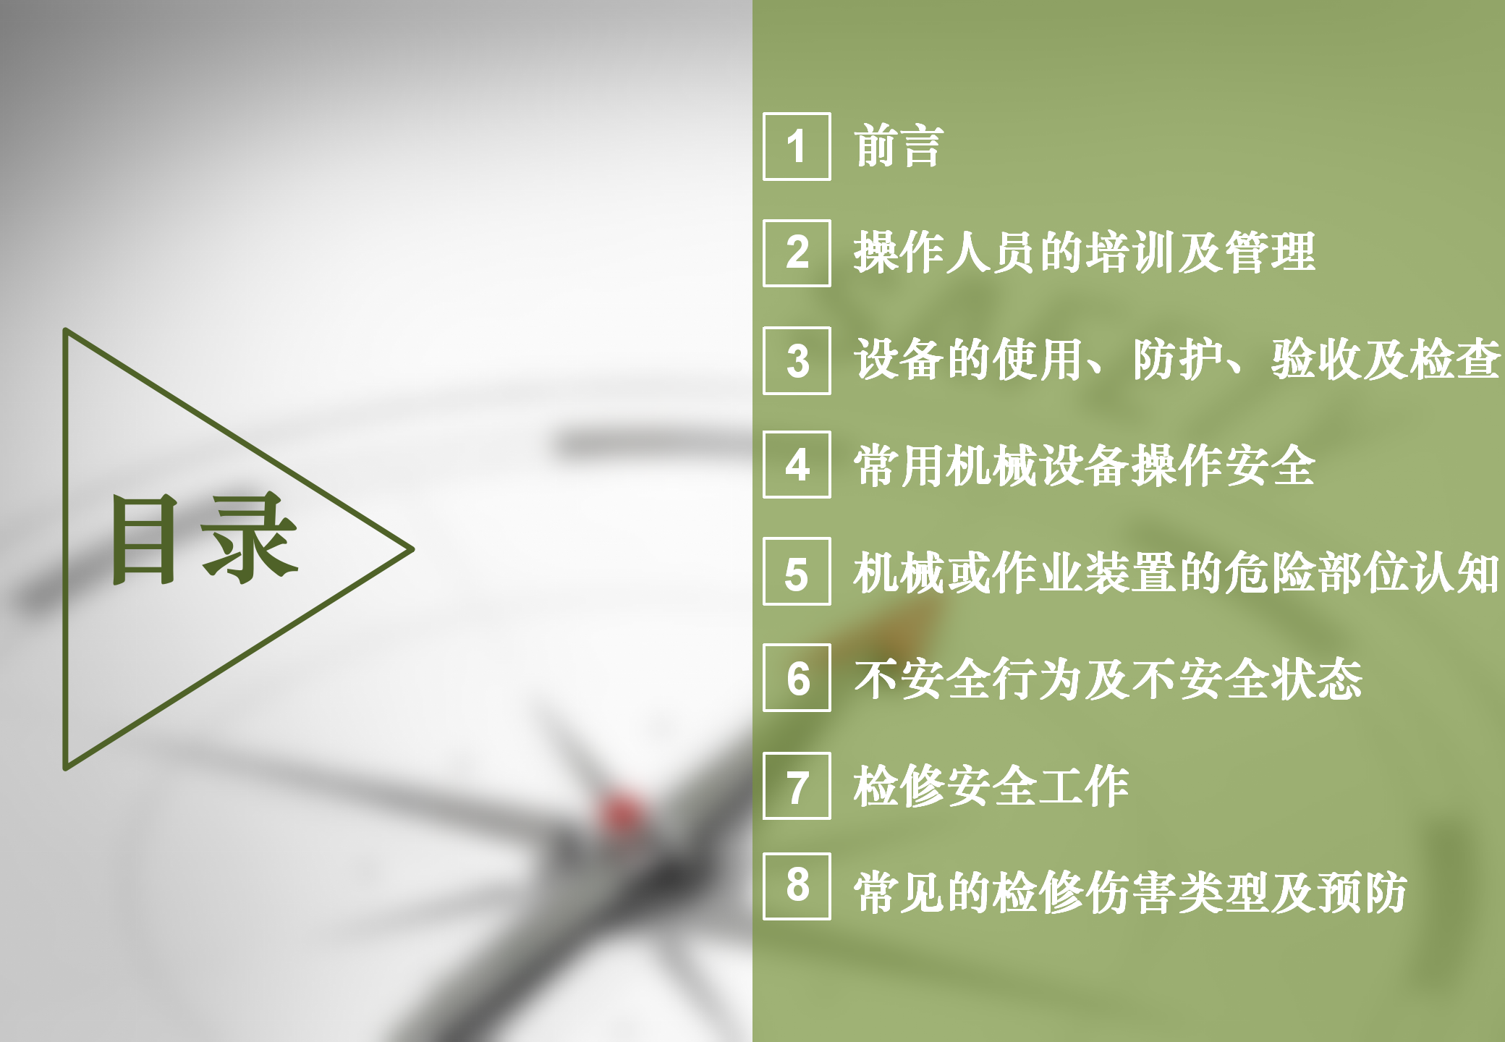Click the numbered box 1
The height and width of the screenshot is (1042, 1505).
(x=797, y=146)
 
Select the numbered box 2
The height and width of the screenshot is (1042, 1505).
(x=797, y=253)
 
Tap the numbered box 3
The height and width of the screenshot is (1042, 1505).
(x=797, y=360)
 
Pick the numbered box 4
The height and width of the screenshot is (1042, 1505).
(x=797, y=465)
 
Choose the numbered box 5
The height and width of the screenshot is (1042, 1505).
(x=797, y=572)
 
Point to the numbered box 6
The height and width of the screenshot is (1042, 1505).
(x=797, y=678)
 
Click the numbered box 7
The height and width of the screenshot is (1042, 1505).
(x=797, y=786)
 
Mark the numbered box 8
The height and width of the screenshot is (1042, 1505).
(x=797, y=886)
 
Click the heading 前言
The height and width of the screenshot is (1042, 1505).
(x=899, y=146)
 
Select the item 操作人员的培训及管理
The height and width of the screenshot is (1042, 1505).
(x=1085, y=253)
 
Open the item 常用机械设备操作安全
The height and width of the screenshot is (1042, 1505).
(x=1085, y=465)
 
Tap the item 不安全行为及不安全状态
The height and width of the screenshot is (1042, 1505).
(x=1108, y=679)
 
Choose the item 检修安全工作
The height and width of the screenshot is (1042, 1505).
(x=991, y=786)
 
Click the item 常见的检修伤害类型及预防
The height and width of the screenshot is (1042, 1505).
(x=1131, y=892)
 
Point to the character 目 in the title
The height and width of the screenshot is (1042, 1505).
(x=144, y=539)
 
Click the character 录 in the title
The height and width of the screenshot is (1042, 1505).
(x=250, y=538)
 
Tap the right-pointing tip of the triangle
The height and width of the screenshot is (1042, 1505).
(x=412, y=549)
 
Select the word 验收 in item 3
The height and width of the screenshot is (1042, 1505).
(x=1317, y=359)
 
